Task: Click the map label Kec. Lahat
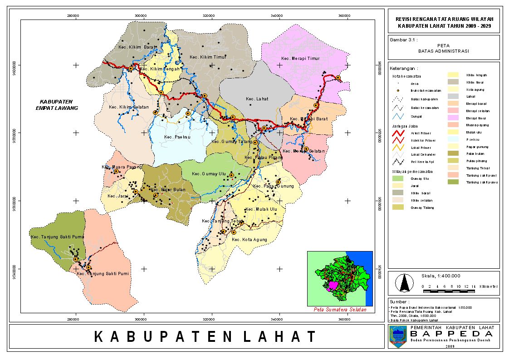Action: [x=257, y=99]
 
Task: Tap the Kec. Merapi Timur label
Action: [x=300, y=59]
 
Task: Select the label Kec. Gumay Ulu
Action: [x=208, y=174]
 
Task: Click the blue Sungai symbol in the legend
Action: [x=397, y=117]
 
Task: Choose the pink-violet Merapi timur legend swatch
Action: [x=453, y=118]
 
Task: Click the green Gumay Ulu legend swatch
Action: [x=398, y=179]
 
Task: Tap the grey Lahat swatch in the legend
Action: [x=453, y=96]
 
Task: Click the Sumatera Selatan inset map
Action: [x=340, y=278]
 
